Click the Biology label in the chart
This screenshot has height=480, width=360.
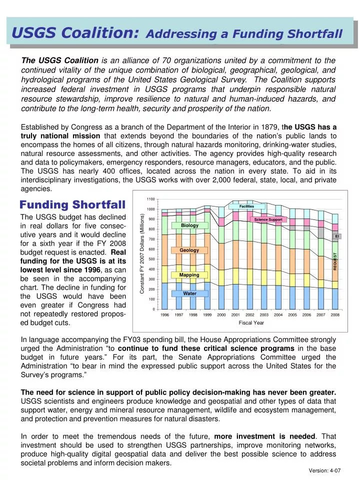click(189, 225)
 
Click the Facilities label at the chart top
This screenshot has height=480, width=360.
click(246, 206)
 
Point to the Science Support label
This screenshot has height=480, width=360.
click(268, 219)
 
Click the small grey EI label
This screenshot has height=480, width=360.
click(337, 236)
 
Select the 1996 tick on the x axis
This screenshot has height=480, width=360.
click(164, 315)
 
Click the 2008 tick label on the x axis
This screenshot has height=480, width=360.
click(335, 315)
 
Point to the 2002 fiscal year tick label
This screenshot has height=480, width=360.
click(250, 315)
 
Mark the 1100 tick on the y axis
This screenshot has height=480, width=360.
click(151, 199)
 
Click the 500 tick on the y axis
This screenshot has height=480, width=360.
click(152, 259)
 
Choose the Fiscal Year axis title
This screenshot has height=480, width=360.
click(251, 323)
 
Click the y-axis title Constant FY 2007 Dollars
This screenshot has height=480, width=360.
click(143, 253)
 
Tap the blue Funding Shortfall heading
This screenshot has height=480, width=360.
click(72, 205)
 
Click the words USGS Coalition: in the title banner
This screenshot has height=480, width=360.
click(75, 33)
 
